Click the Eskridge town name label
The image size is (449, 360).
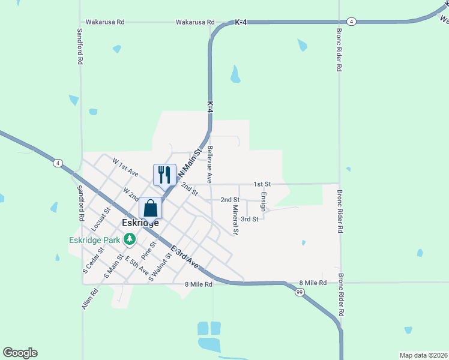[140, 223]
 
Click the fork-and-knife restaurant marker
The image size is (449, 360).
[164, 175]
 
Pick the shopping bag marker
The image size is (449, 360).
[151, 209]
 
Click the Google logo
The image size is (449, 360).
[20, 353]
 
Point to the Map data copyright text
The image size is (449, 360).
[424, 355]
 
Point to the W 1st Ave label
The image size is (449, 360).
[125, 167]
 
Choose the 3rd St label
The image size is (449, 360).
[250, 219]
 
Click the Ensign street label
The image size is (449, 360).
[264, 200]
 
